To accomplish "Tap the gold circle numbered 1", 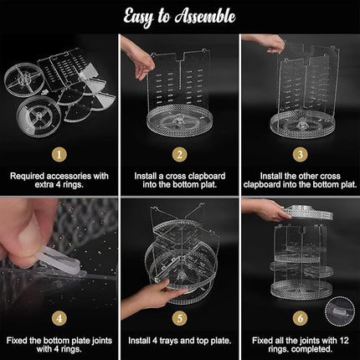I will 58,154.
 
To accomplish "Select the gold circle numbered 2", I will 179,154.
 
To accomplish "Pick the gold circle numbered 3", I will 300,154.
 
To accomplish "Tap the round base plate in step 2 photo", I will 180,126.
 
